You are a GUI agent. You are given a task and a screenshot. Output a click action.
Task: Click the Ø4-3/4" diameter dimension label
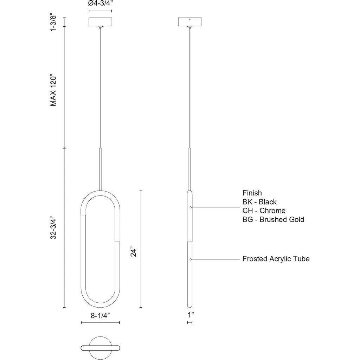pos(100,3)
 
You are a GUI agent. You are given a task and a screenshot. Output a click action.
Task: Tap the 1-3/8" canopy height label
pos(53,23)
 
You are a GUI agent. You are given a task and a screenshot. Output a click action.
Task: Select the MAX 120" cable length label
pos(53,90)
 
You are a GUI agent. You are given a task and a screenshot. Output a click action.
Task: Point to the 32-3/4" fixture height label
pos(53,227)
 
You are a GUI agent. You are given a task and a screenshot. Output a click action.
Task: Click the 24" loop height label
pos(133,252)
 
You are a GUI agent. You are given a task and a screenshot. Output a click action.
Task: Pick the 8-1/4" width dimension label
pos(100,315)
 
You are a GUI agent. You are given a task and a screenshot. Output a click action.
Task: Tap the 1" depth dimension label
pos(191,315)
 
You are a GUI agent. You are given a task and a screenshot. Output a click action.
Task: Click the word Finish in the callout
pos(252,193)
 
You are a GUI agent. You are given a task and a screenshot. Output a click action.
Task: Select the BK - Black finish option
pos(259,202)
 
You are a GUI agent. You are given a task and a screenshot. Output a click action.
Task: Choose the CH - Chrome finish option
pos(264,211)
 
